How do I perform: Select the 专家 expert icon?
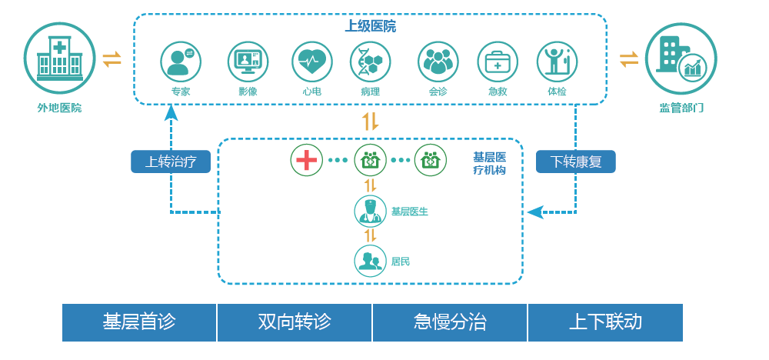(181, 62)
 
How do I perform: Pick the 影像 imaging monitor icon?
(248, 62)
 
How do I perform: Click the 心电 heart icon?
(311, 62)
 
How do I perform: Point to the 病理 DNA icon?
(370, 62)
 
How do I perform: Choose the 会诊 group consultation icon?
(438, 62)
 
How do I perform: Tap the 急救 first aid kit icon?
(498, 62)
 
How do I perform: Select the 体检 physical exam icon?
(557, 62)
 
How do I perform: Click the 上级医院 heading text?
(370, 26)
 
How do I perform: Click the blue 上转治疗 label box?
(171, 162)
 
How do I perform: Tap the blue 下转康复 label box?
(576, 162)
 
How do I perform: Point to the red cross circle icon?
(307, 160)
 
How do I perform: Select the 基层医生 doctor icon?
(370, 212)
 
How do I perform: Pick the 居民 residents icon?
(370, 261)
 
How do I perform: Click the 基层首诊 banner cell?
(139, 322)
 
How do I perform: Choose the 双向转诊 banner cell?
(295, 322)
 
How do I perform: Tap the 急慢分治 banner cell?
(450, 322)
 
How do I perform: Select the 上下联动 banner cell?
(605, 322)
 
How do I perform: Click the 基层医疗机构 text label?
(489, 164)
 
